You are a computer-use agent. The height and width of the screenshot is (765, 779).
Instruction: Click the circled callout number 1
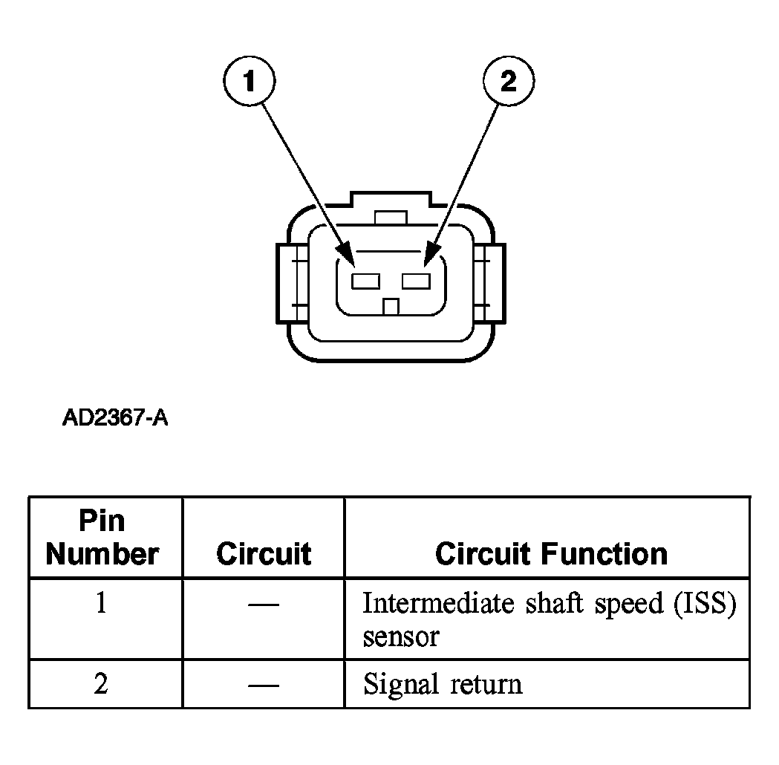point(249,80)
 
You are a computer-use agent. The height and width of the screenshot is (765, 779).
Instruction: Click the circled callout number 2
point(509,80)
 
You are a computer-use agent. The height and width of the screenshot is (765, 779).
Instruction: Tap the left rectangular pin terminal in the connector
point(365,281)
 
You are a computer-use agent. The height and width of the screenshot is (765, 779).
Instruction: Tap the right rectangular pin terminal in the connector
point(416,281)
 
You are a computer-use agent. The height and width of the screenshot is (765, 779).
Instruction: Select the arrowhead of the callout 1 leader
point(347,255)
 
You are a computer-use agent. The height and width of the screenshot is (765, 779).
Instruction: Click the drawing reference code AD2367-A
point(115,417)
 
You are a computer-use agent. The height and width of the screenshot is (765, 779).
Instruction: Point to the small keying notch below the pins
point(391,307)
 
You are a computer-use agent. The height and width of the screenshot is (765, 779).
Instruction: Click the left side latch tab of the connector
point(292,284)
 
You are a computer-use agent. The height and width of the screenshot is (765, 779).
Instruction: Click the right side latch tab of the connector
point(490,284)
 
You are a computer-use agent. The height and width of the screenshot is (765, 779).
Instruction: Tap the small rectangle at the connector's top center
point(391,218)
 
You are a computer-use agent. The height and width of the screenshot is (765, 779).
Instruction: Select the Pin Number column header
point(102,538)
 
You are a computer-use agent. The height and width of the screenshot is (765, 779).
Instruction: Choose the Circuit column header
point(264,553)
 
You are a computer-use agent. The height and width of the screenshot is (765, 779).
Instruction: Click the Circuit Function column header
point(551,553)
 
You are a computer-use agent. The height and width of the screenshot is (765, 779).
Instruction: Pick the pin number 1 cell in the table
point(101,603)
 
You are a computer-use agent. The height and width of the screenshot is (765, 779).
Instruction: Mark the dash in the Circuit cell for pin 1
point(264,605)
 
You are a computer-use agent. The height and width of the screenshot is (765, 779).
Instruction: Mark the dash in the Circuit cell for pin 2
point(264,686)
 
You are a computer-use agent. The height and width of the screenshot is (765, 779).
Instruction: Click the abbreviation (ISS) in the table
point(705,604)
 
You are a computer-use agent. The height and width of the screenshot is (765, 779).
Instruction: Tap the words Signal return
point(443,684)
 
